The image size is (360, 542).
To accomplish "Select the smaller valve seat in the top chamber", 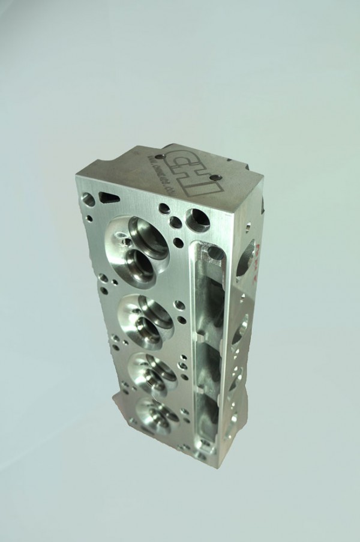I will click(139, 262).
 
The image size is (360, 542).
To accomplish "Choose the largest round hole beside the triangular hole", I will click(89, 199).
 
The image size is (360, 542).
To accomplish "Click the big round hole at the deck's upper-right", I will click(197, 220).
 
